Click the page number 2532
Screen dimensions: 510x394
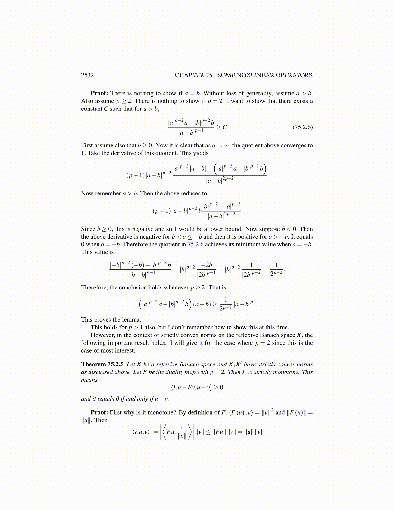tap(88, 75)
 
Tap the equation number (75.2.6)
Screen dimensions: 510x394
tap(302, 127)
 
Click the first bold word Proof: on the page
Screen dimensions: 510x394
tap(99, 93)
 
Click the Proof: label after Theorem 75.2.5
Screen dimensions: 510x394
tap(99, 412)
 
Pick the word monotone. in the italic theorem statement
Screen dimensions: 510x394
tap(287, 372)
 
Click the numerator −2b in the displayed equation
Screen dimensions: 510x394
tap(206, 265)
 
